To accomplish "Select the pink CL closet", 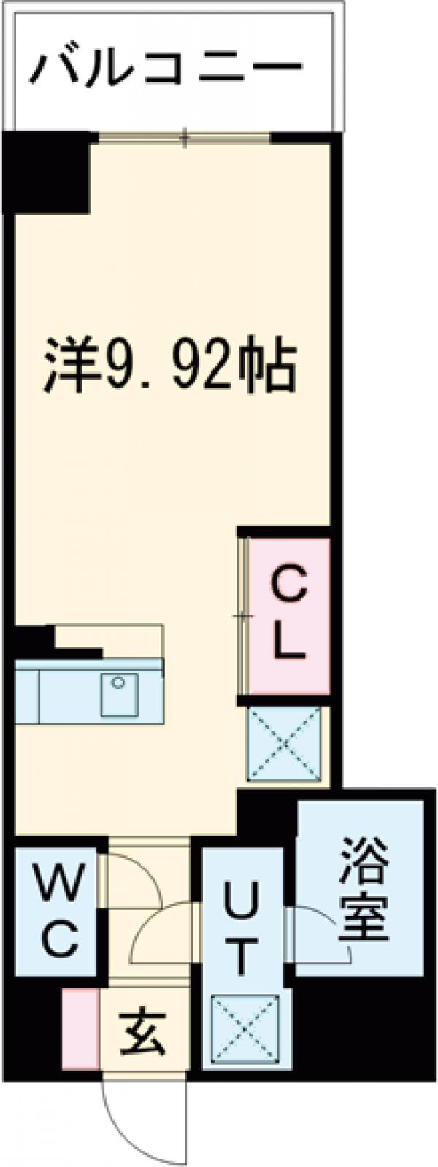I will click(x=288, y=615).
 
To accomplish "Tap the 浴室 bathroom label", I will click(x=363, y=889).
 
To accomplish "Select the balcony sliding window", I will click(x=185, y=136).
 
